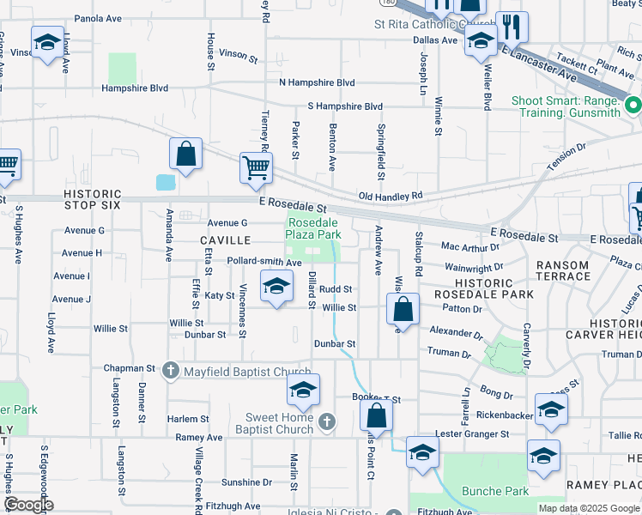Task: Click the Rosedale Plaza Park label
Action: coord(312,228)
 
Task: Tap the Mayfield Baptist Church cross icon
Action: coord(170,371)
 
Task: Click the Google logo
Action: coord(28,505)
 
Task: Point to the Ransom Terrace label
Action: coord(563,270)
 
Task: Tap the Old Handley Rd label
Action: coord(391,197)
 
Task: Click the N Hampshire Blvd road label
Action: coord(317,82)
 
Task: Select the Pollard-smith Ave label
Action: coord(264,262)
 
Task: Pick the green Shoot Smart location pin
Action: coord(633,106)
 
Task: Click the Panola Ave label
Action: coord(98,18)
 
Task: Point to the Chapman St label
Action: coord(128,368)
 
